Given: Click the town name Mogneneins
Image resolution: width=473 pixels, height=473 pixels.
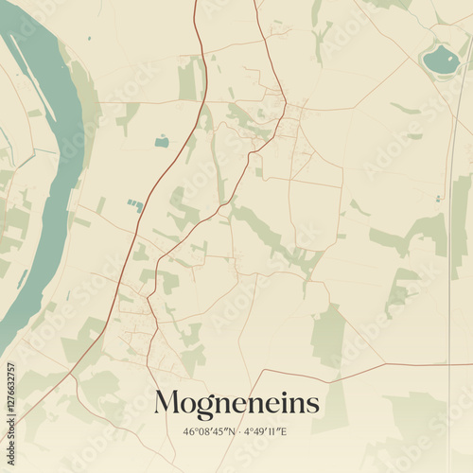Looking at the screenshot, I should pos(236,404).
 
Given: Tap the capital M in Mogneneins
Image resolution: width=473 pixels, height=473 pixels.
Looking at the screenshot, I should pos(166,403).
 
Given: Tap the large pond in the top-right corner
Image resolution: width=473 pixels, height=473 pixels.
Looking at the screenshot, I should pos(440,61).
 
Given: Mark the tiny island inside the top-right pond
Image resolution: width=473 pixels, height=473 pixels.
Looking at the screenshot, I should pos(438,54).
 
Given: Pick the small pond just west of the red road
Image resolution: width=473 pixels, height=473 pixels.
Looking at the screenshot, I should pos(162,142).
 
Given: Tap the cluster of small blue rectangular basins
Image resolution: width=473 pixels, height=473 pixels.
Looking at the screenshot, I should pos(136,204).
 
